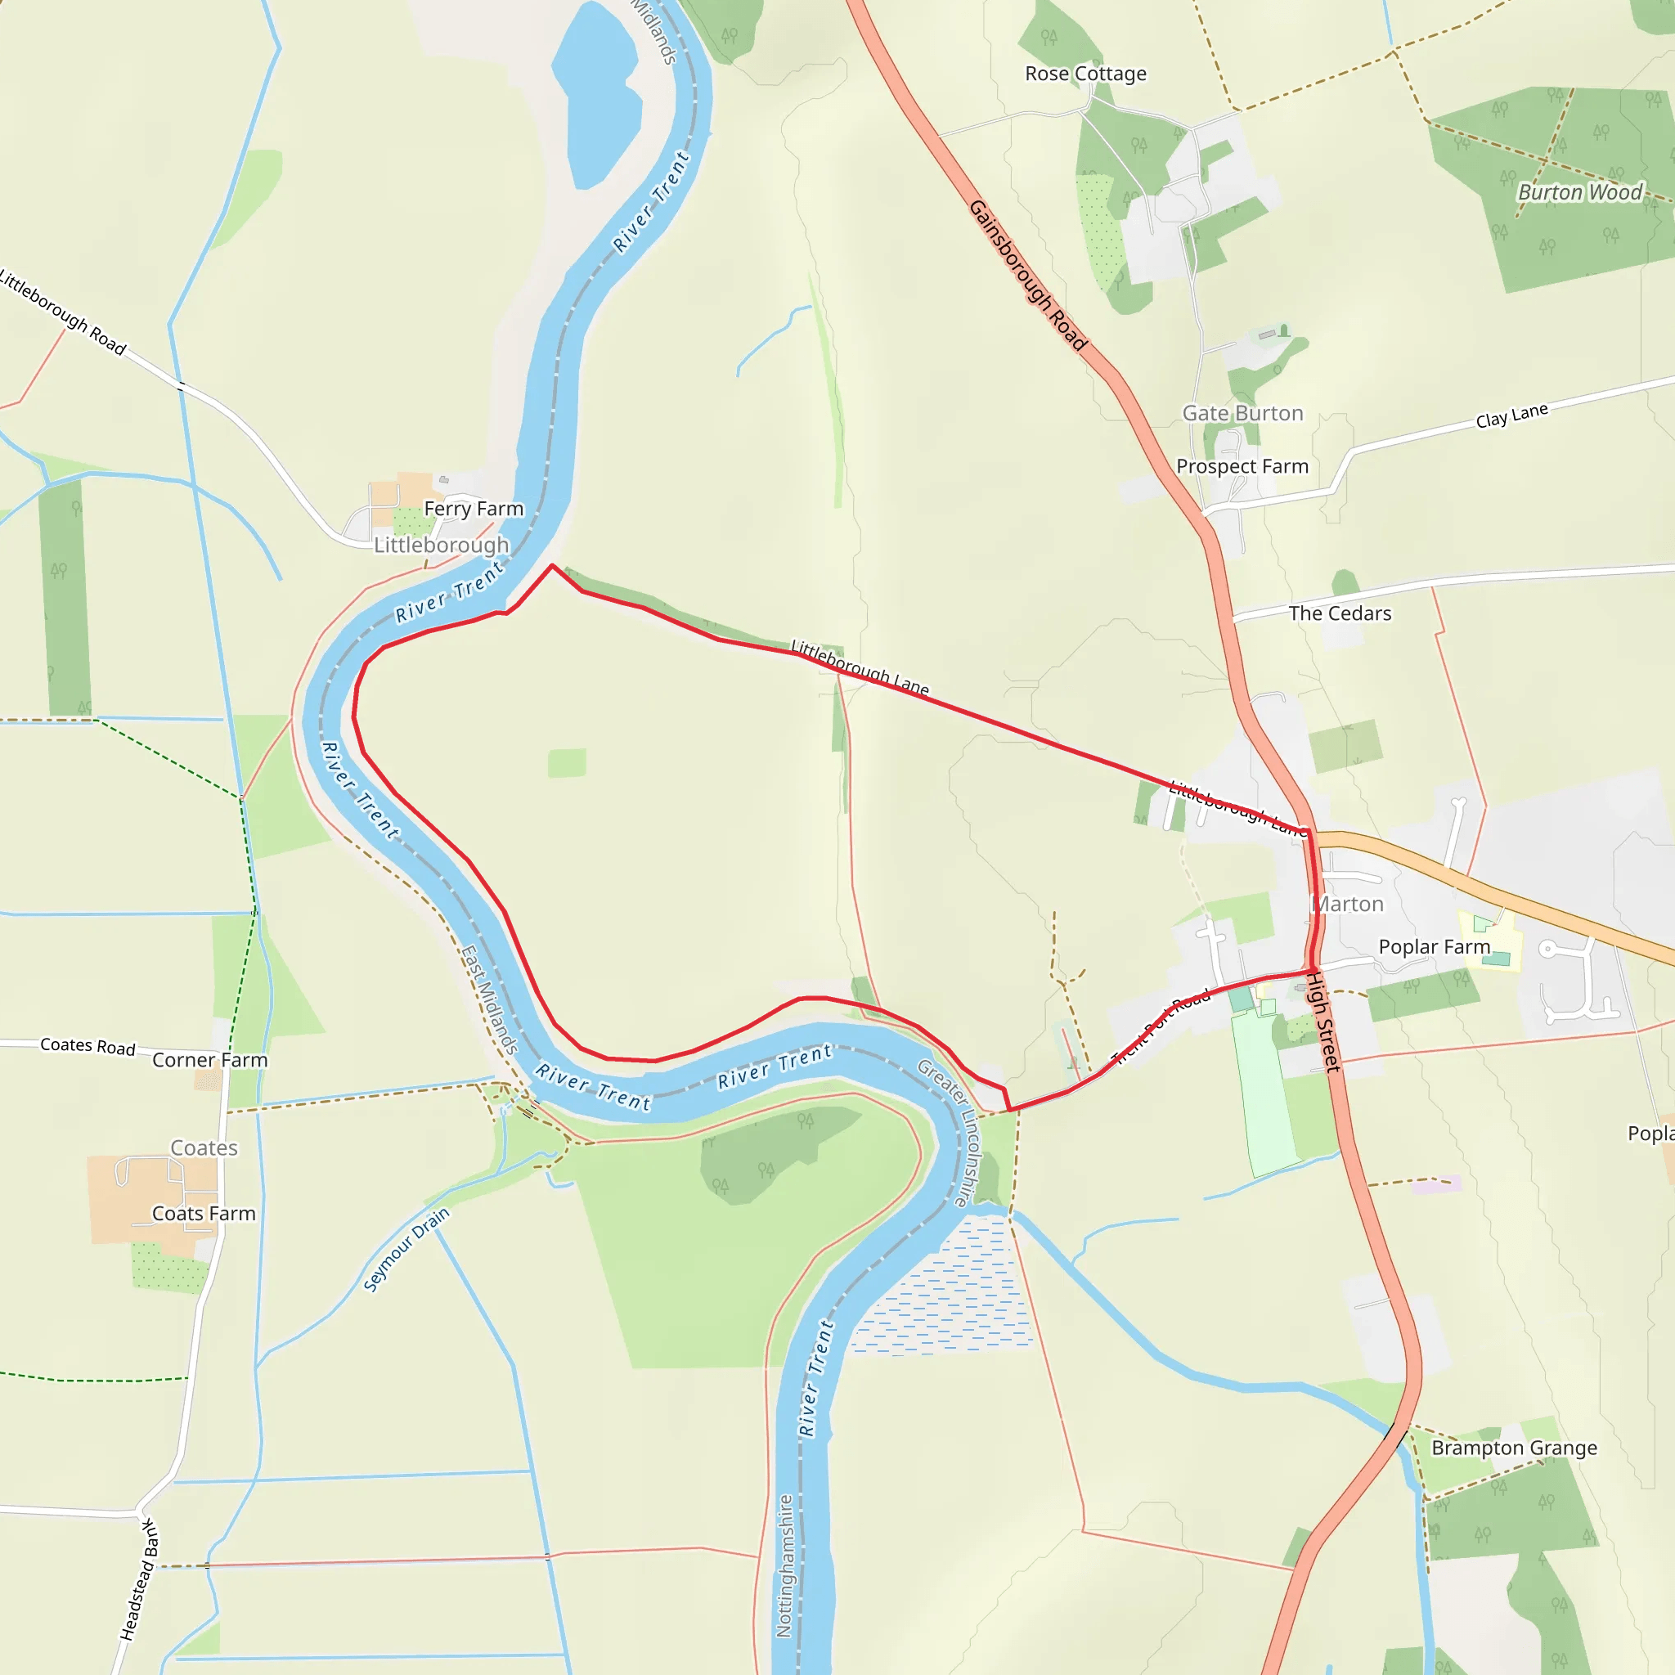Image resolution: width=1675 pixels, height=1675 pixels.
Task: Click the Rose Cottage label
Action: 1085,74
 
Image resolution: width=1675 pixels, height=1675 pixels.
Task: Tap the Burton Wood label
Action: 1579,191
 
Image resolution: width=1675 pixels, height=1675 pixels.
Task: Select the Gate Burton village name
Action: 1242,414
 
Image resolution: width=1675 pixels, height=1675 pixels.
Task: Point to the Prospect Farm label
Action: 1242,466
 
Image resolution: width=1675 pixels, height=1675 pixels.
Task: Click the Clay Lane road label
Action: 1511,416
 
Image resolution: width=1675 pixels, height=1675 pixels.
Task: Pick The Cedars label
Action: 1340,614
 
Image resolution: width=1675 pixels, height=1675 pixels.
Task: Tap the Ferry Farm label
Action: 474,509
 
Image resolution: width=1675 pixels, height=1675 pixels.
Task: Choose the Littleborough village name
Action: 442,546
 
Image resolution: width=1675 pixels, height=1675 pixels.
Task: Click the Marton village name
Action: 1348,905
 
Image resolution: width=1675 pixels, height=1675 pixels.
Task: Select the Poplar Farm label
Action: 1434,947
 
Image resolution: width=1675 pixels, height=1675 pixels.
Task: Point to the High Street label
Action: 1323,1022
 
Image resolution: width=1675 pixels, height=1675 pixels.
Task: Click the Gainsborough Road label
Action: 1027,275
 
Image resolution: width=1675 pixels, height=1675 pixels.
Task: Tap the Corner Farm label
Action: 210,1060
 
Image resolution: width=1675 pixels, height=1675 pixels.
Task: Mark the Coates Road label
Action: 88,1046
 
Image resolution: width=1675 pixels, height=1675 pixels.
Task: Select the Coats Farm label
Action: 204,1214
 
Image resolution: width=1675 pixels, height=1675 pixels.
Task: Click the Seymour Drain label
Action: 406,1250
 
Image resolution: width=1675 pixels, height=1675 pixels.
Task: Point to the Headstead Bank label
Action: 139,1578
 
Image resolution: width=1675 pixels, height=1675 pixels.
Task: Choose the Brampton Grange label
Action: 1514,1448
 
